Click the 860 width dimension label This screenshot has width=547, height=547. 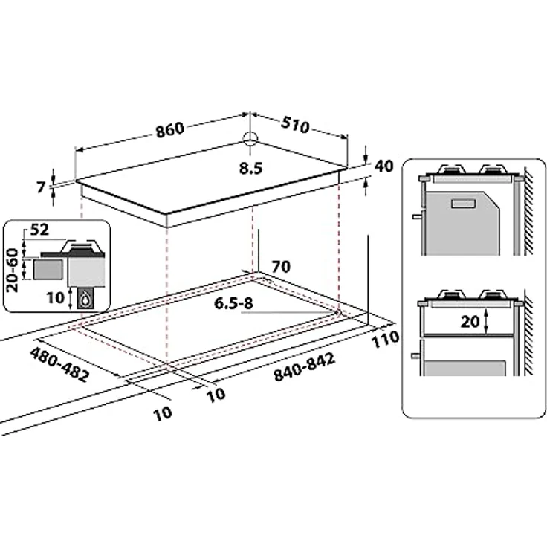(x=169, y=129)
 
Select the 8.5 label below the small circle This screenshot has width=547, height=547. (x=251, y=168)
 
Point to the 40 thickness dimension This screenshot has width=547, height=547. (x=383, y=166)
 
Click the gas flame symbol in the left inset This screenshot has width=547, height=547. (x=86, y=298)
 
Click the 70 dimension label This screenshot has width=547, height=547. (x=281, y=265)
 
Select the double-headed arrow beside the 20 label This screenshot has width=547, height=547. (x=485, y=321)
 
